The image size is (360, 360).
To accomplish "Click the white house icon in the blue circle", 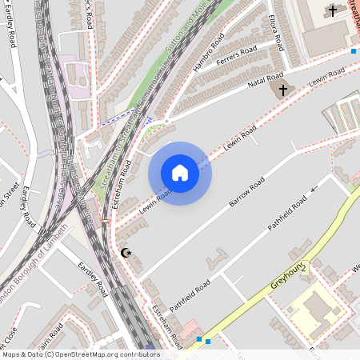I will click(x=180, y=172).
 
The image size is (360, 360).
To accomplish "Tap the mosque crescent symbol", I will click(x=125, y=253).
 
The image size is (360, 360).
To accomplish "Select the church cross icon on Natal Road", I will click(x=281, y=90).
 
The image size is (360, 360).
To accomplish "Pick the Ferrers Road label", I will click(x=242, y=58).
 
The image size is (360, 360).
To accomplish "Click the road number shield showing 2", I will click(x=304, y=268).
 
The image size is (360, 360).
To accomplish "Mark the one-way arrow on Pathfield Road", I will click(x=314, y=189).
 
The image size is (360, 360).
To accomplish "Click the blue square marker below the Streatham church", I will click(x=354, y=51).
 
